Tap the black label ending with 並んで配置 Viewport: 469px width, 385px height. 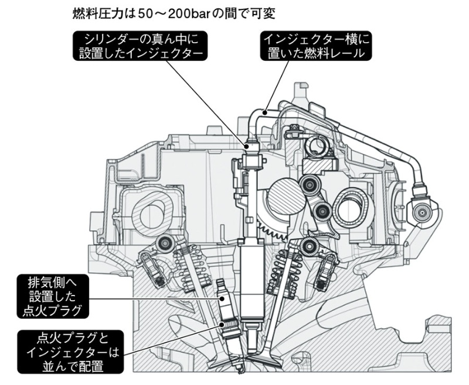pos(69,351)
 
